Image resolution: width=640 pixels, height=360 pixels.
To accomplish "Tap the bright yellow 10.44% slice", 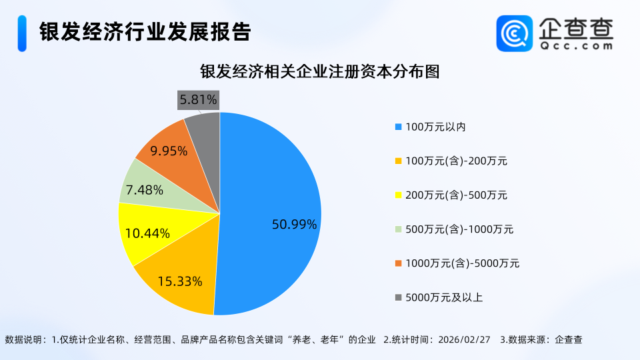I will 150,230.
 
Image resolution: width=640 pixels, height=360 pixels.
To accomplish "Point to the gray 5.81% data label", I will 198,100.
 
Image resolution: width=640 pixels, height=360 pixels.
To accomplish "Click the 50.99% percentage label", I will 294,225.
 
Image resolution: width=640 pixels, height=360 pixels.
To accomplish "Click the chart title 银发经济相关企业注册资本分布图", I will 319,72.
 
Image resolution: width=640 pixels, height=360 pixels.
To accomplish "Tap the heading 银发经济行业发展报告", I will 145,32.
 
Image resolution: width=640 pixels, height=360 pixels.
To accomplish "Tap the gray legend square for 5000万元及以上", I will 399,297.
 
